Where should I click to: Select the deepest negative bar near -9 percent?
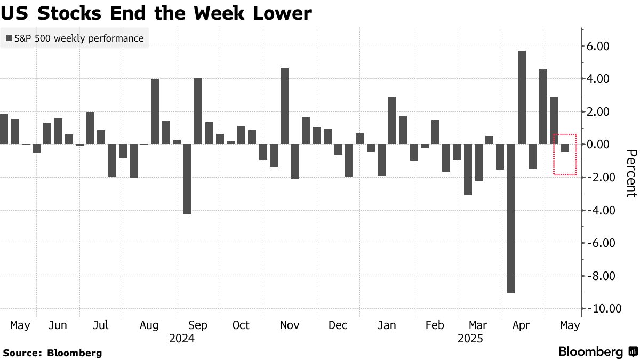(x=511, y=218)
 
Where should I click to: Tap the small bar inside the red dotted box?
(x=565, y=148)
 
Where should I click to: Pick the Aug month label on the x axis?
(x=149, y=325)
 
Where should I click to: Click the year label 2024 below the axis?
(x=181, y=338)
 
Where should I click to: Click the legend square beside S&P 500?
(x=9, y=38)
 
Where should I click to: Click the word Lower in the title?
(x=279, y=13)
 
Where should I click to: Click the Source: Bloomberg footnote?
(x=52, y=353)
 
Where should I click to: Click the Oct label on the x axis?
(x=241, y=325)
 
